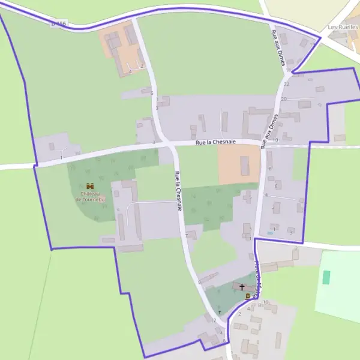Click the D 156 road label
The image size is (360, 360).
[x=58, y=23]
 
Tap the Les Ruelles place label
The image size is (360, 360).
[x=343, y=27]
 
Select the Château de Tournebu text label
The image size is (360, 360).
[x=90, y=196]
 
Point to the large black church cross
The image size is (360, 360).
[x=242, y=287]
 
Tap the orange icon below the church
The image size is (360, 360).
[x=247, y=296]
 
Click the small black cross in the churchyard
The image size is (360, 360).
[x=220, y=312]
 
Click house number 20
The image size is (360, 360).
[x=284, y=98]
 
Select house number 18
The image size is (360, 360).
[x=288, y=71]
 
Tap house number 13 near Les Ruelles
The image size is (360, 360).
[x=311, y=45]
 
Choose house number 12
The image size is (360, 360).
[x=213, y=320]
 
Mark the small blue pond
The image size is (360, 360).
[x=269, y=233]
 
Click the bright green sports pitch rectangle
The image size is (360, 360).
[x=326, y=277]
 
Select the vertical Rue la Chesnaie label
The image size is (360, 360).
[x=178, y=191]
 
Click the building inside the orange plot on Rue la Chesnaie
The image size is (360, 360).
[x=244, y=165]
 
